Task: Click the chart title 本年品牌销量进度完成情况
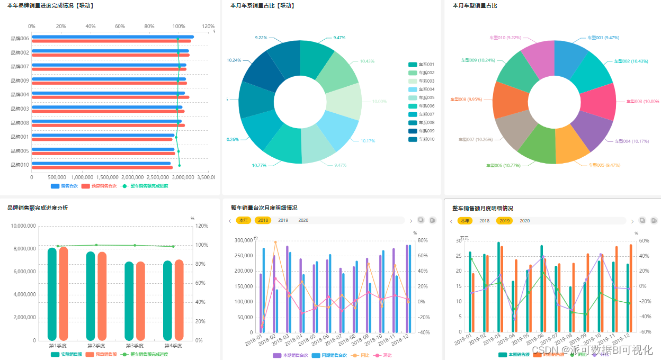tap(50, 5)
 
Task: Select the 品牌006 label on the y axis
tap(20, 38)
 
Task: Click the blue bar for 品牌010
tap(101, 164)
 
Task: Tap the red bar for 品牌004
tap(110, 97)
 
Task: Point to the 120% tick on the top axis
tap(208, 26)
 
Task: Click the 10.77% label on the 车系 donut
tap(259, 166)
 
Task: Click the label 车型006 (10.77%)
tap(503, 166)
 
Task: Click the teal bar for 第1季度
tap(52, 294)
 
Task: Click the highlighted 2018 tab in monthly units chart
tap(263, 220)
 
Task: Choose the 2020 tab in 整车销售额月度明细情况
tap(524, 221)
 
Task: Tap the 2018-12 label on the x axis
tap(402, 339)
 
